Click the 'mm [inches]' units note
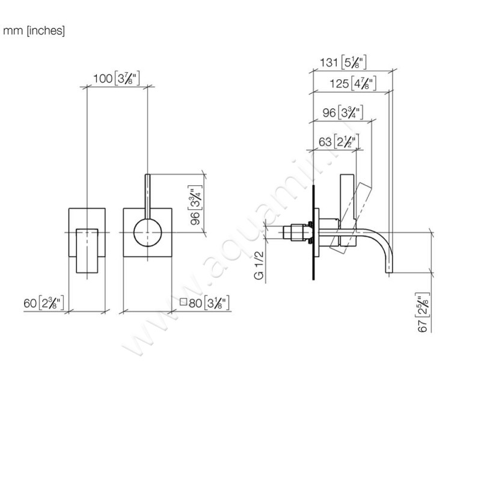(x=34, y=31)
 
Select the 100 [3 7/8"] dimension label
(x=117, y=78)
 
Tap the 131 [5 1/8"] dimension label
(x=345, y=62)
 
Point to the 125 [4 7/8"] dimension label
(x=353, y=84)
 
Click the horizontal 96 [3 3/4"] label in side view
(x=341, y=112)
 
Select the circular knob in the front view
(x=147, y=233)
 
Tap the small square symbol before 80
(x=183, y=302)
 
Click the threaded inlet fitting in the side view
(x=296, y=233)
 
